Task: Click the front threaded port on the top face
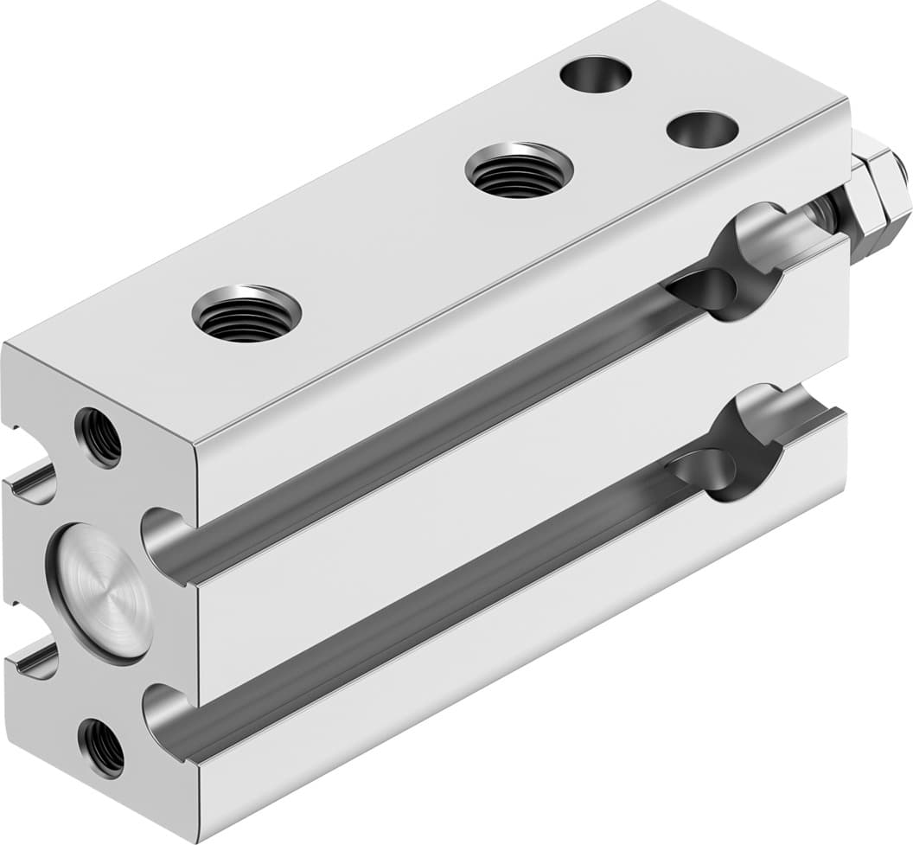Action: click(x=246, y=312)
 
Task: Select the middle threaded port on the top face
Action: click(x=519, y=170)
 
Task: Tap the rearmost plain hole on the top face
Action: click(x=596, y=74)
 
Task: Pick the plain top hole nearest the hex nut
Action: click(x=702, y=129)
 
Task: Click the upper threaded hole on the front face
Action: click(x=99, y=438)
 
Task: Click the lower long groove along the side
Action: click(x=450, y=597)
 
